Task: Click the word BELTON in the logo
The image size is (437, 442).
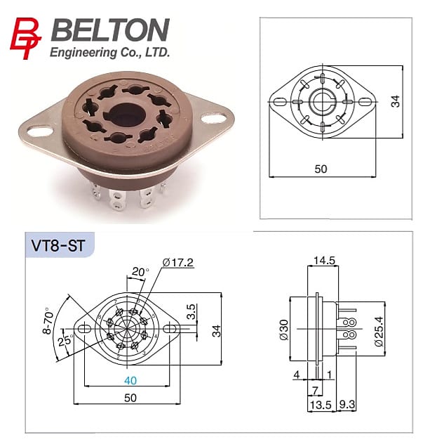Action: click(x=110, y=31)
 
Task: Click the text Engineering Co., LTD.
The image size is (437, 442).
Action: click(x=110, y=53)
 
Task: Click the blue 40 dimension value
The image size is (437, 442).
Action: click(x=130, y=382)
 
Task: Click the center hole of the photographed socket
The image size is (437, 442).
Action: click(x=126, y=112)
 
